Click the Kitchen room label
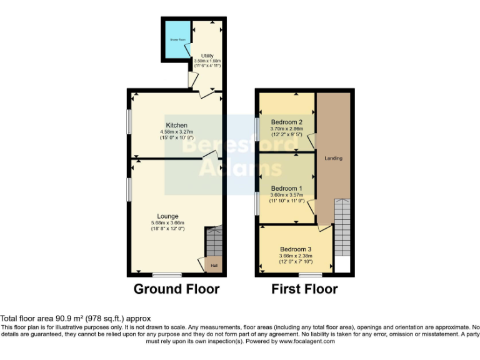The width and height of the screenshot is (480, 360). click(x=176, y=126)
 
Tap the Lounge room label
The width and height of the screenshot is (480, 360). click(x=168, y=216)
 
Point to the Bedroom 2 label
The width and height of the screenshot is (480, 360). click(x=287, y=122)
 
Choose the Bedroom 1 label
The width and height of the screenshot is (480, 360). click(x=287, y=188)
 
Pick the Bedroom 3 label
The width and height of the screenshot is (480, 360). click(x=295, y=249)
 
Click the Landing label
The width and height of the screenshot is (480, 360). click(x=333, y=158)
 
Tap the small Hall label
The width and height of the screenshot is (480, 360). click(x=214, y=266)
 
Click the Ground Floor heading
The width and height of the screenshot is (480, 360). click(x=176, y=289)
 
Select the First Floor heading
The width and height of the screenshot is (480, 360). click(x=304, y=289)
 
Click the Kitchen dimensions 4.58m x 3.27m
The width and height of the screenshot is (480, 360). click(x=176, y=132)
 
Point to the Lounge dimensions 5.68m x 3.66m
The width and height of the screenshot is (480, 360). click(x=168, y=223)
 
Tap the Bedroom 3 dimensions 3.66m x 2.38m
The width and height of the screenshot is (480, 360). click(x=295, y=255)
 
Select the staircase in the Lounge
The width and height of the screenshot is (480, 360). click(x=214, y=241)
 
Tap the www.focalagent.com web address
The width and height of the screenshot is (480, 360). click(x=306, y=341)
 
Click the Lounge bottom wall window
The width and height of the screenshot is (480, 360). click(x=166, y=274)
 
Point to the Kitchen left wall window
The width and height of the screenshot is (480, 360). click(x=129, y=122)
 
